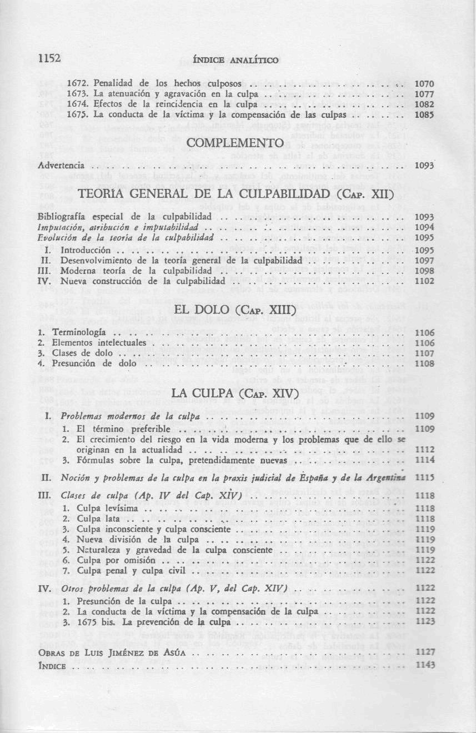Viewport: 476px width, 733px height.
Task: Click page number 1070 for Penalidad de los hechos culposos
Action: click(x=424, y=84)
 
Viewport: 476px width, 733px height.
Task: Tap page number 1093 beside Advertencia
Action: click(x=424, y=166)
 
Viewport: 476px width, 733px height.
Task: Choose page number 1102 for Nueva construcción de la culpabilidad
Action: click(x=424, y=281)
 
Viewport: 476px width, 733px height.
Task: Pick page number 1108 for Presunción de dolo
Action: click(x=424, y=363)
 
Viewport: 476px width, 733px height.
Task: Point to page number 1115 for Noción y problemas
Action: click(x=424, y=477)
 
